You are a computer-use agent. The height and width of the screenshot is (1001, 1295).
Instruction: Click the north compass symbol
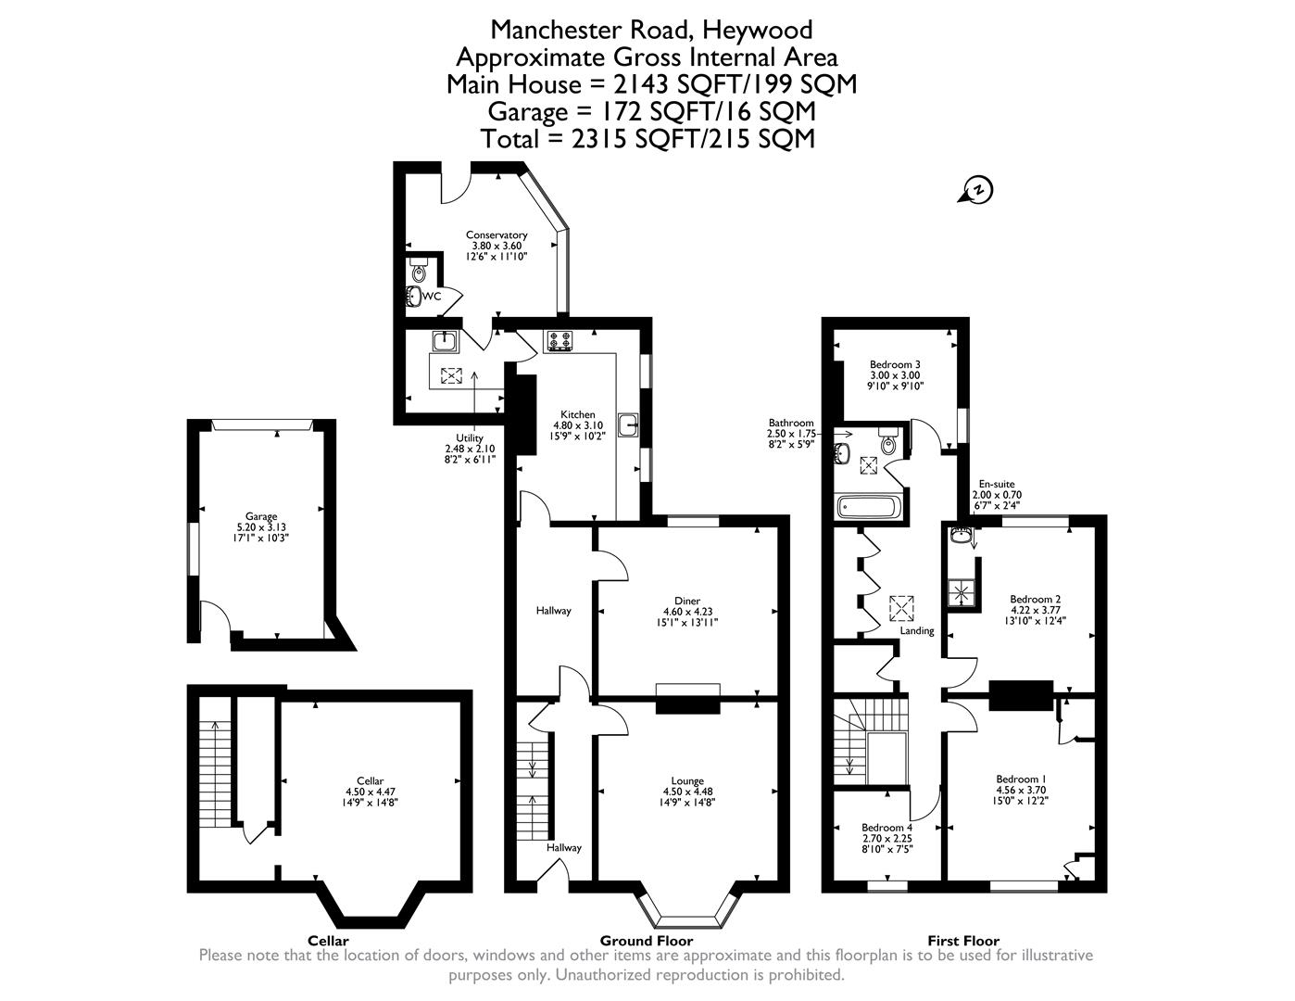(977, 190)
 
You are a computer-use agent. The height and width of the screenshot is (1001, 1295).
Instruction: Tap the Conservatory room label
(497, 235)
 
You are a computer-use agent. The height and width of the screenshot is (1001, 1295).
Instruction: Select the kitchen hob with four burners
(559, 341)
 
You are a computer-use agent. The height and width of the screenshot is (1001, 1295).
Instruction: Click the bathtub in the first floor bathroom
(867, 507)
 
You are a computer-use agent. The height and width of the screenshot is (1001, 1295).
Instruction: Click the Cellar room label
(370, 780)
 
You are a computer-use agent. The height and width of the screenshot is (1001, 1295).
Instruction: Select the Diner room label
(687, 601)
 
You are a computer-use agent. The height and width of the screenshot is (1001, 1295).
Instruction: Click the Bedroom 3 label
(894, 364)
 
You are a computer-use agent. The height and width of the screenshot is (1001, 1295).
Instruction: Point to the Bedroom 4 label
(886, 828)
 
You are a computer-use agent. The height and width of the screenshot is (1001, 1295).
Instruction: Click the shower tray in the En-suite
(962, 591)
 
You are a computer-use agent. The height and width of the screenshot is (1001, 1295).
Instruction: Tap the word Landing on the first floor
(917, 631)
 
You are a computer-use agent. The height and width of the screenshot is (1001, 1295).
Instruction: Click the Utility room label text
(469, 437)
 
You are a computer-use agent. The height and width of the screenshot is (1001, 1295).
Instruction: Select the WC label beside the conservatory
(432, 297)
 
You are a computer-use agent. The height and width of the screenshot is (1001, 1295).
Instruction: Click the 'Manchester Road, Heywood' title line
(651, 30)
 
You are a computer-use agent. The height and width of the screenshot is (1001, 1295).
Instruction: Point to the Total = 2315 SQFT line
(647, 139)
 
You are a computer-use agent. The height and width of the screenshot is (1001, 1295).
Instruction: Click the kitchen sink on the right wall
(630, 424)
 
